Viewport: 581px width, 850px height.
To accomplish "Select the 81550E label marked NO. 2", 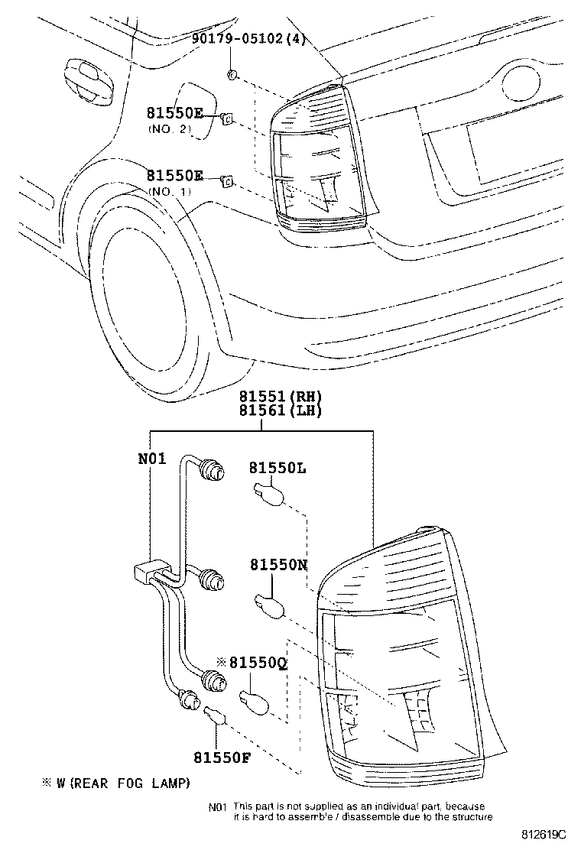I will click(175, 113).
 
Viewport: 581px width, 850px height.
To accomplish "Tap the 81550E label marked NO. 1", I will click(175, 176).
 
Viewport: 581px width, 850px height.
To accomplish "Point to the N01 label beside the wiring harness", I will click(151, 459).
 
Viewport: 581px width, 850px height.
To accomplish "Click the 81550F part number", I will click(222, 757).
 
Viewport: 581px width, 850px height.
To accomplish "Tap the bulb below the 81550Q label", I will click(253, 700).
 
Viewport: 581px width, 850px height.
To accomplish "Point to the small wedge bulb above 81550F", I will click(215, 716).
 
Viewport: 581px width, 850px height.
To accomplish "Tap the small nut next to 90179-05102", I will click(232, 73).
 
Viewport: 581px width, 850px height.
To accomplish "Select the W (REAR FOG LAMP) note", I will click(115, 783).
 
